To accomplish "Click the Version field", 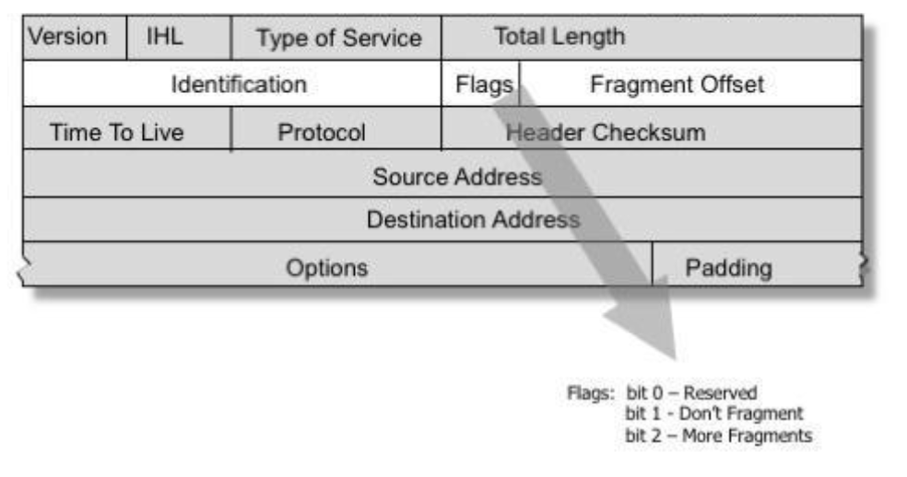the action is click(x=66, y=38).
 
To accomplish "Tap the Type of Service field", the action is click(x=337, y=38).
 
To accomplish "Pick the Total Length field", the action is click(x=559, y=37).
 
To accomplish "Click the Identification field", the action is click(x=239, y=85).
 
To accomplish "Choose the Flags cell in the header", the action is click(x=483, y=85).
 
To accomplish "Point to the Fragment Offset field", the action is click(x=677, y=85).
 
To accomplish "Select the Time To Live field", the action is click(x=117, y=132).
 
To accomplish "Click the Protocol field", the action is click(x=322, y=132).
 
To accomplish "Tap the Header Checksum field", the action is click(x=606, y=132).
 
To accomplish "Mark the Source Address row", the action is click(x=457, y=176).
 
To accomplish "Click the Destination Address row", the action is click(x=473, y=220).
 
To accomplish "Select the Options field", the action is click(x=326, y=268).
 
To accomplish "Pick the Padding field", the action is click(x=729, y=268).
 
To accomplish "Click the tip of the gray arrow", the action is click(x=677, y=357).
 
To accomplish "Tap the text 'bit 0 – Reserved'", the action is click(x=690, y=393).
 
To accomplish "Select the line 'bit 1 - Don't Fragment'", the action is click(x=713, y=413).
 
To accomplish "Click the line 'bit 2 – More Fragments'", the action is click(x=718, y=435).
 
